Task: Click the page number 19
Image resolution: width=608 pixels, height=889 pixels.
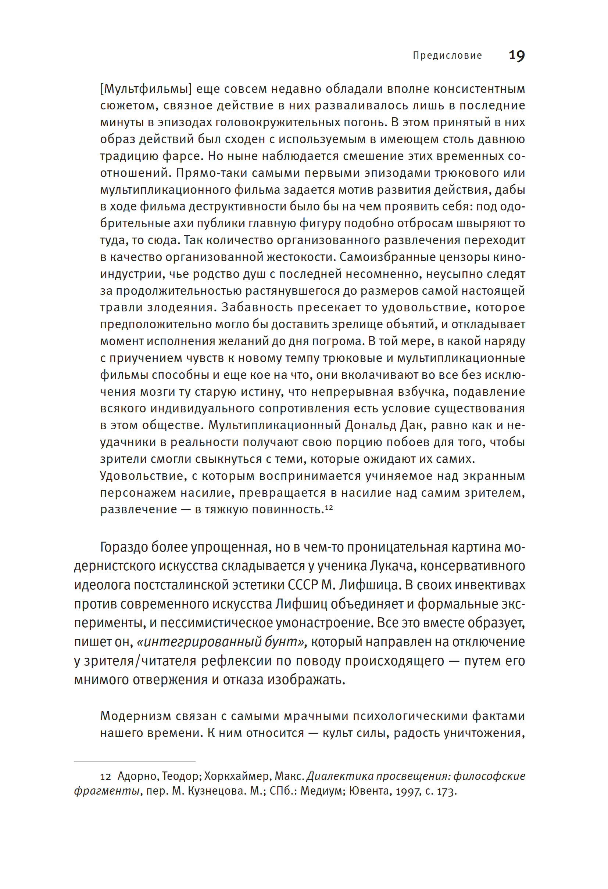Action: [516, 56]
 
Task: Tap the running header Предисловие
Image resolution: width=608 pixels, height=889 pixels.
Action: [447, 56]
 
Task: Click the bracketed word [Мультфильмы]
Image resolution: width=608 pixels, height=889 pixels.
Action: [146, 89]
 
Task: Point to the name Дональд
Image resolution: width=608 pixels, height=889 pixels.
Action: [370, 425]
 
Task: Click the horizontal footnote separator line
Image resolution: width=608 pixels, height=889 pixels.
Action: [135, 762]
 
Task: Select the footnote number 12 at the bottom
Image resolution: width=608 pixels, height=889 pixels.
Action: [105, 777]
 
